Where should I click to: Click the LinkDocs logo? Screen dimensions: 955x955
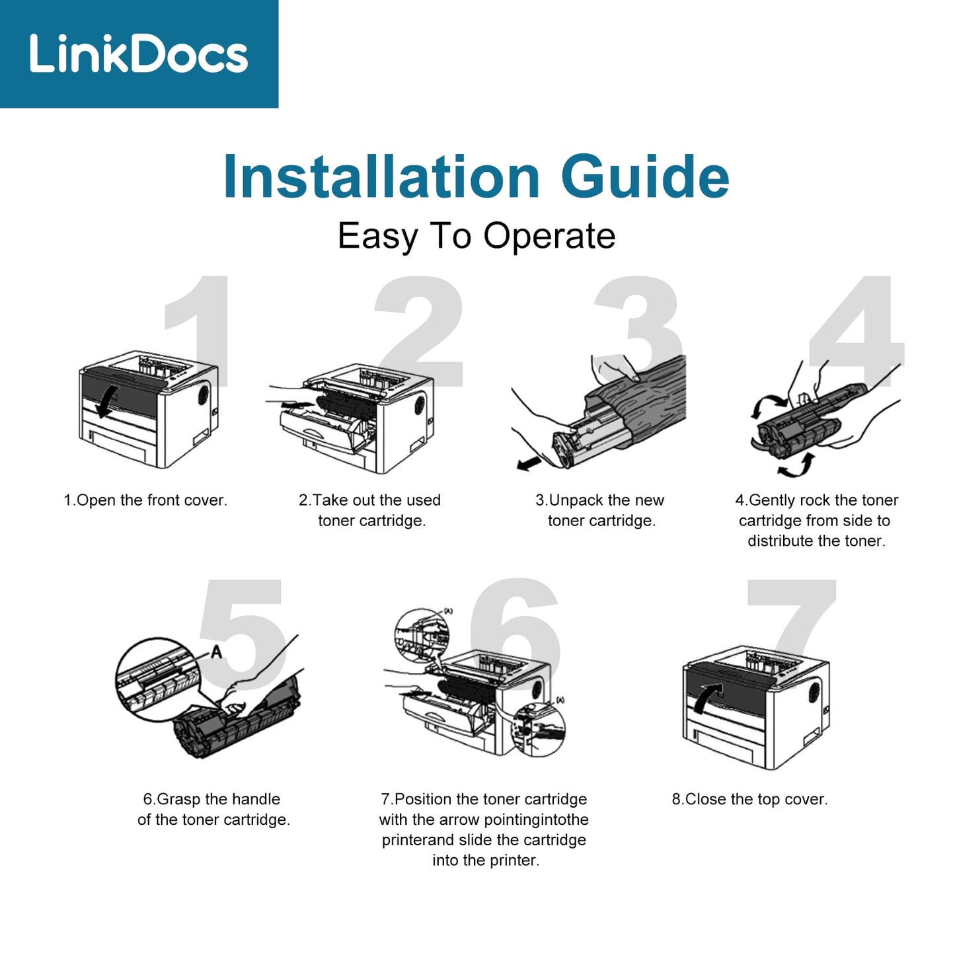click(139, 54)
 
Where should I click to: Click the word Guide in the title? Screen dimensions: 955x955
click(645, 176)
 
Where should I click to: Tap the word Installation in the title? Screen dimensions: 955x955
click(381, 176)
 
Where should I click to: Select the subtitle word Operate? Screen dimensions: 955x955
click(549, 237)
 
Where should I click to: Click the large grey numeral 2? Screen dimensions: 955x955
click(419, 331)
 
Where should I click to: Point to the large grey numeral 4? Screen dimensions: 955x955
click(857, 331)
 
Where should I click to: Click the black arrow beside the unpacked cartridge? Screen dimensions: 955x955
click(528, 463)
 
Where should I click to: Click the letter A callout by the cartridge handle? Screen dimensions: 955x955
click(217, 652)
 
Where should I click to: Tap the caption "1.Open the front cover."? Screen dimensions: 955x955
click(145, 500)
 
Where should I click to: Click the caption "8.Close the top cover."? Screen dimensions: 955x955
click(750, 799)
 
